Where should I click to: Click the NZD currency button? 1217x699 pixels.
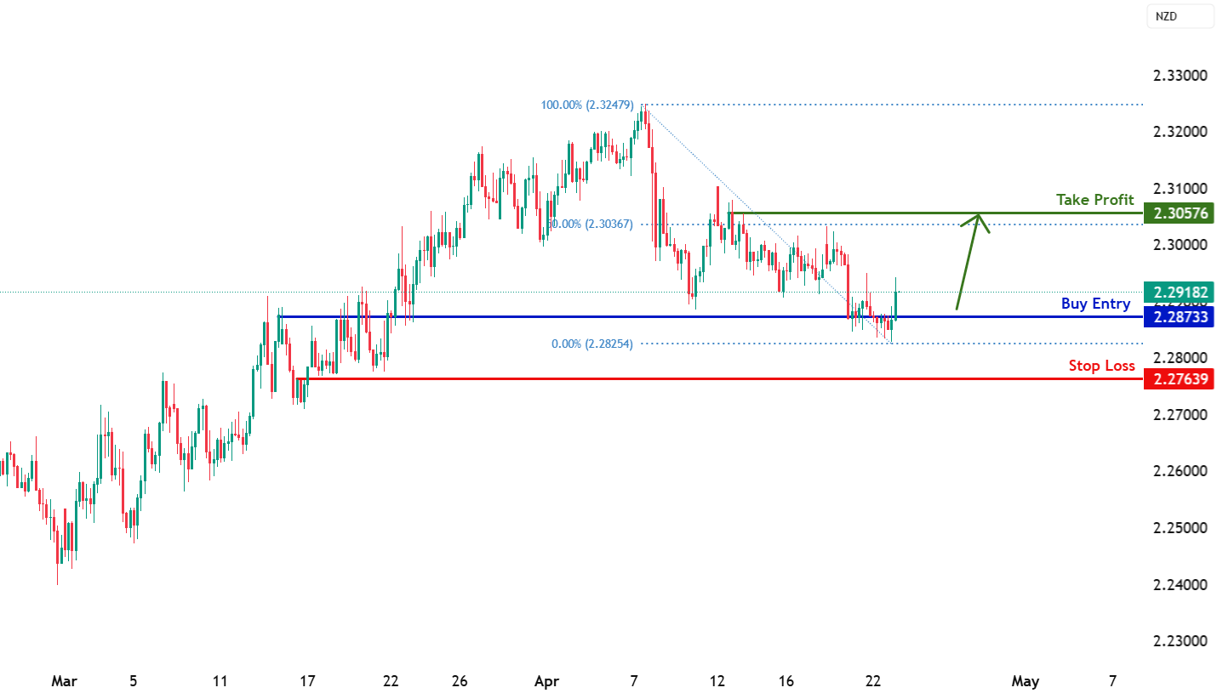[1180, 16]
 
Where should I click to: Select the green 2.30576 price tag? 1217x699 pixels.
[1178, 213]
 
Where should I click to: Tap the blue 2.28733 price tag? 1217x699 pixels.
[1178, 317]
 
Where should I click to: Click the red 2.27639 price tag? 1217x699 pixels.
[1178, 378]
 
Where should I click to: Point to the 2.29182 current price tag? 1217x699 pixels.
[1178, 293]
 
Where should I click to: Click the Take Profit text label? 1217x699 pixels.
[1094, 200]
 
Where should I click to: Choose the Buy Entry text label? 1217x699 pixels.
[1095, 304]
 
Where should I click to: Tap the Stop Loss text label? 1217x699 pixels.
[1101, 366]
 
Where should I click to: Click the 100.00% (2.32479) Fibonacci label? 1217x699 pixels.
[586, 105]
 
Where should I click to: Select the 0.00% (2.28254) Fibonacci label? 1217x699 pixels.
[591, 344]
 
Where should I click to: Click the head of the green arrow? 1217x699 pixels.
[980, 216]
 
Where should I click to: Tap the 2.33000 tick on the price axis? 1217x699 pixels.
[1179, 76]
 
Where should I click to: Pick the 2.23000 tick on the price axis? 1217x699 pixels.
[1179, 640]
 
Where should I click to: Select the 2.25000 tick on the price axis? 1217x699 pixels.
[1179, 527]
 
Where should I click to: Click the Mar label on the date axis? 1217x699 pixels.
[64, 681]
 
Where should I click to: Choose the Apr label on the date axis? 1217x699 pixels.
[546, 681]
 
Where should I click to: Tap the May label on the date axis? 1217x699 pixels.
[1025, 681]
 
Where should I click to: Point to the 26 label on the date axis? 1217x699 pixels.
[460, 681]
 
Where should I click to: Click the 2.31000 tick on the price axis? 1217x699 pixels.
[1179, 188]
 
